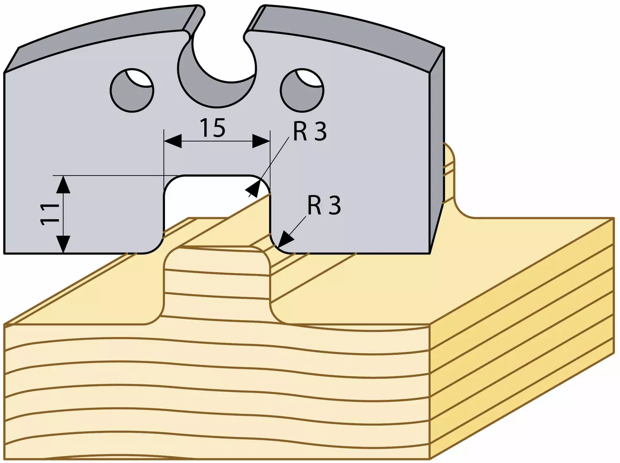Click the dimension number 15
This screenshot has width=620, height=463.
[213, 128]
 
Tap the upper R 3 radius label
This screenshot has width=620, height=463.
[310, 132]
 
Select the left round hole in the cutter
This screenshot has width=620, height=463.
[132, 90]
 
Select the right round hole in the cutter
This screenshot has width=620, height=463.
[302, 90]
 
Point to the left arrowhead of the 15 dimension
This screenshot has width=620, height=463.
[173, 141]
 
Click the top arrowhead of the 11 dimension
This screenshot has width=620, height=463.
[64, 184]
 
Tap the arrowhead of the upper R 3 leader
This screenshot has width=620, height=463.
[253, 189]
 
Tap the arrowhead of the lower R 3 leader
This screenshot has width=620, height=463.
[286, 240]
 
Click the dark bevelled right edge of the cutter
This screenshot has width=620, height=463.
[436, 150]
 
